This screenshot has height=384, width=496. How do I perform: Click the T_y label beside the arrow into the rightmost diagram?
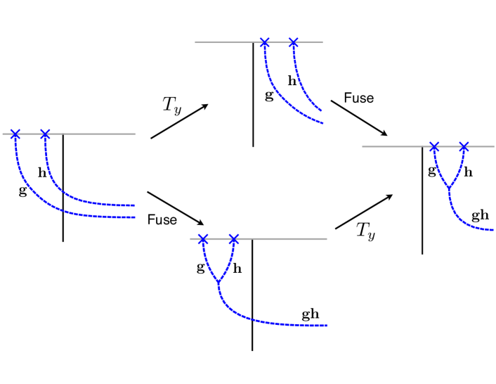tap(365, 231)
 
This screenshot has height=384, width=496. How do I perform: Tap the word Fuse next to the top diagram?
tap(358, 98)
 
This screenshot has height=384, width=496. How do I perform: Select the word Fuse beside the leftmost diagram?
tap(162, 220)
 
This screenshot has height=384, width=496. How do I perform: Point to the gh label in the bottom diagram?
tap(311, 314)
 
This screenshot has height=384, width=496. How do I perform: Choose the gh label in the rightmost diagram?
tap(480, 215)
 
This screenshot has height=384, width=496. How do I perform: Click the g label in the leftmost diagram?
tap(22, 191)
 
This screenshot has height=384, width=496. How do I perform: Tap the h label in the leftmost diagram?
tap(42, 172)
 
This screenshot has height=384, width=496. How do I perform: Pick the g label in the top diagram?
tap(269, 96)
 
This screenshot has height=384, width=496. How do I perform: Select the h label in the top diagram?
tap(292, 81)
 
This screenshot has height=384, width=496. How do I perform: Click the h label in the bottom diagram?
tap(237, 268)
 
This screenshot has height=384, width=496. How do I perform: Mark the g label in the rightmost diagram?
tap(431, 171)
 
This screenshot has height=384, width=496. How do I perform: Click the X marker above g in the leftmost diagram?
tap(15, 134)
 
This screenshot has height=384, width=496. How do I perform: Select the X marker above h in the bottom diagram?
tap(234, 239)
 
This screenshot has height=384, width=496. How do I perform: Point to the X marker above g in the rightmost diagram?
tap(434, 146)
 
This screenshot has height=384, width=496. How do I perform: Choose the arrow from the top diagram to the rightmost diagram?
tap(358, 118)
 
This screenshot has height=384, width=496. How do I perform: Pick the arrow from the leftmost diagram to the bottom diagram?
tap(175, 207)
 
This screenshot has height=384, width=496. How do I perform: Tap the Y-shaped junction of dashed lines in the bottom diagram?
tap(218, 283)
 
